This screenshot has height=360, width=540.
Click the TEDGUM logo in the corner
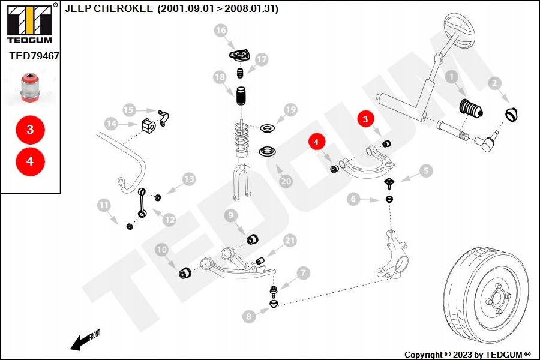[x=30, y=23]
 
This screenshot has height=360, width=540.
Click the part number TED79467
[x=34, y=56]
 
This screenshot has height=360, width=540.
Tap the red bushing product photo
[x=31, y=88]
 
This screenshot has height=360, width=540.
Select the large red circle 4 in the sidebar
[x=31, y=161]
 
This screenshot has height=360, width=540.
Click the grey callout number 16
[x=221, y=31]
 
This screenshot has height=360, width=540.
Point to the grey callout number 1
[x=451, y=77]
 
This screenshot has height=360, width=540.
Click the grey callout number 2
[x=494, y=83]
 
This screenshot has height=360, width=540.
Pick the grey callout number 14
[x=111, y=124]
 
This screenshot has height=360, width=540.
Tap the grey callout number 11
[x=104, y=205]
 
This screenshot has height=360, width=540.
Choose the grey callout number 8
[x=249, y=316]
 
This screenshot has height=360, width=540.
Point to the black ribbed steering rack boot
[x=472, y=110]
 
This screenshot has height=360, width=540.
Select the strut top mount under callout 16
[x=239, y=55]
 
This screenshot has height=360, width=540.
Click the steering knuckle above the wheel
[x=392, y=254]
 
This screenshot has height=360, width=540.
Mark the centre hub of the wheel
[x=497, y=297]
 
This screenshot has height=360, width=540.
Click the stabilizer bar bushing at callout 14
[x=149, y=125]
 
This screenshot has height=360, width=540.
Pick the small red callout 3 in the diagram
[x=365, y=119]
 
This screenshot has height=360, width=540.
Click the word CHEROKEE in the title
[x=123, y=8]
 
